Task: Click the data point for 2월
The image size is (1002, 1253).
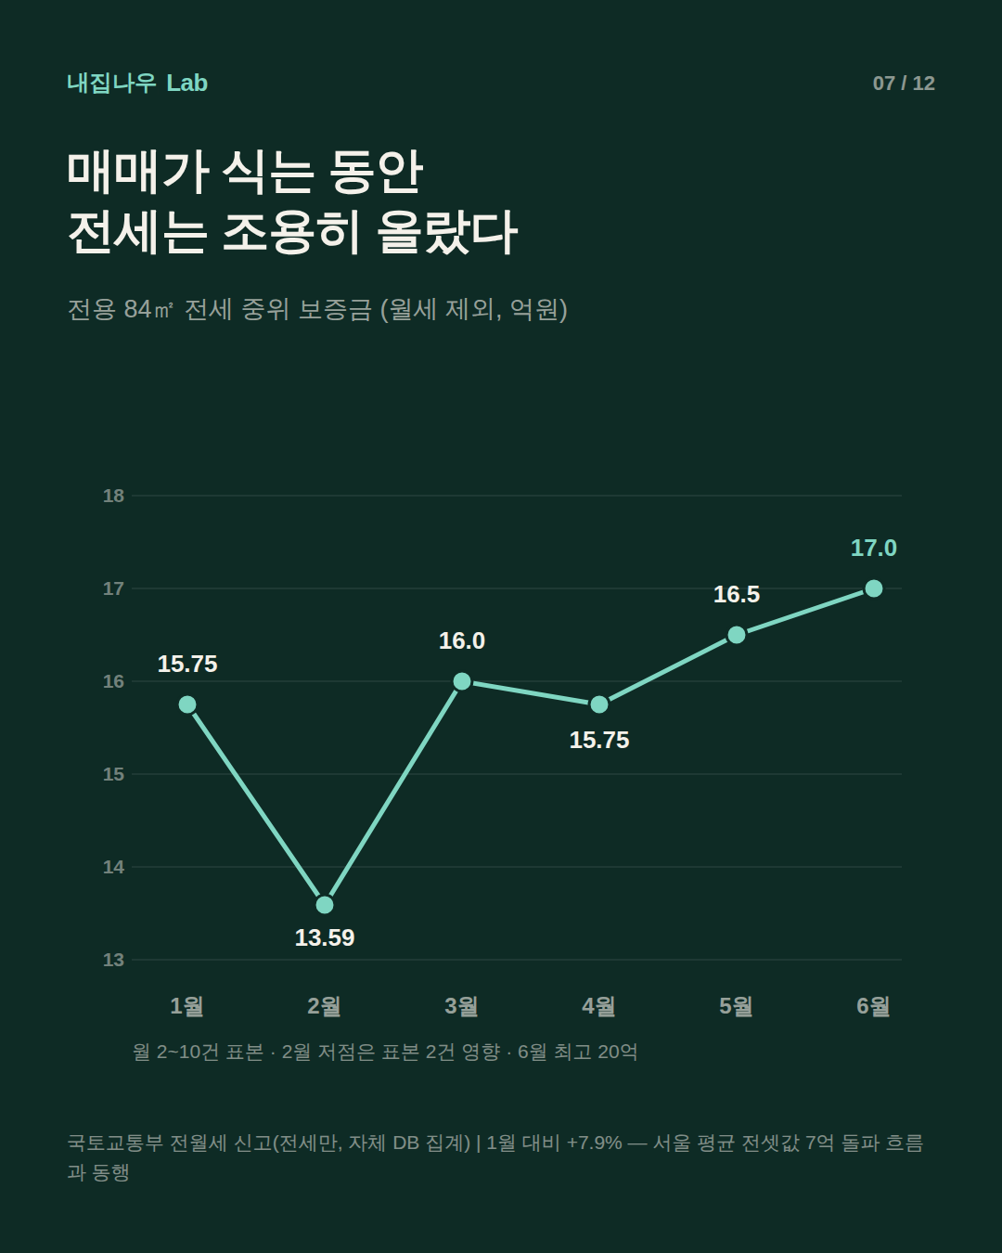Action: coord(325,905)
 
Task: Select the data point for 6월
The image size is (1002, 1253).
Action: coord(873,588)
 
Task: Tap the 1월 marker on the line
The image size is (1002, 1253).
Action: coord(186,704)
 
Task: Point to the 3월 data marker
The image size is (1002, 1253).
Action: coord(462,681)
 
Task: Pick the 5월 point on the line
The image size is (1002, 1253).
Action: coord(737,635)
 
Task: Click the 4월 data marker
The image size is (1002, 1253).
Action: coord(599,704)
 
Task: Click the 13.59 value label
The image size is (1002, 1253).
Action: coord(325,938)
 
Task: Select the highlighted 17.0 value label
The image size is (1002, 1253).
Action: coord(873,548)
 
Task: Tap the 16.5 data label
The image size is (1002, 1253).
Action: coord(737,594)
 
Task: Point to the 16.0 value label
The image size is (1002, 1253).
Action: coord(462,641)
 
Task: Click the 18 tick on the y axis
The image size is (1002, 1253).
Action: coord(113,496)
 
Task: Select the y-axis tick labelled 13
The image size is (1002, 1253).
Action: coord(113,960)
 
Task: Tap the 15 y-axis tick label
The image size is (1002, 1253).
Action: coord(113,774)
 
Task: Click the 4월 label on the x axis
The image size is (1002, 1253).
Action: coord(598,1005)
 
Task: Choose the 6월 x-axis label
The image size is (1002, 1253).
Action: coord(873,1005)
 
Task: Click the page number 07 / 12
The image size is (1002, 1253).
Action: coord(904,84)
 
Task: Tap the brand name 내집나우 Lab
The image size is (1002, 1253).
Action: coord(137,83)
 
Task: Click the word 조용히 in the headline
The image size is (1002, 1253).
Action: coord(291,232)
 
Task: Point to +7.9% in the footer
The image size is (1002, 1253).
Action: coord(595,1143)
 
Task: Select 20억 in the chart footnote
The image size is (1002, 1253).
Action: coord(617,1053)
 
